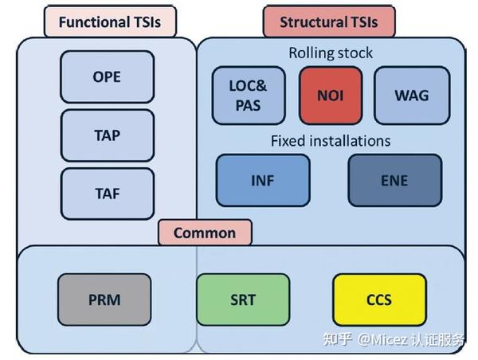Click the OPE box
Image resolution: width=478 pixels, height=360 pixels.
coord(108,76)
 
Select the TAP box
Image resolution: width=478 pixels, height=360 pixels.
coord(108,135)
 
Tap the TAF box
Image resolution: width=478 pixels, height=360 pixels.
coord(108,194)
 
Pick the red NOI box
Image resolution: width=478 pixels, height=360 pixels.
coord(331,96)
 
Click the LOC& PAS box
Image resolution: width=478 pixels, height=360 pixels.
coord(249,96)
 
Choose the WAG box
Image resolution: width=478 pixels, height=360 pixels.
coord(412,96)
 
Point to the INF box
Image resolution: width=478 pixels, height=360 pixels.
coord(263,181)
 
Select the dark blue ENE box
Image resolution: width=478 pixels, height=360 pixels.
coord(395,181)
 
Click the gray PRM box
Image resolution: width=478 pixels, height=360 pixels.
coord(104,299)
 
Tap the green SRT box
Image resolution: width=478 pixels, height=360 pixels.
coord(243,299)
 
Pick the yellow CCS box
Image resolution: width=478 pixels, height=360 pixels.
coord(379,299)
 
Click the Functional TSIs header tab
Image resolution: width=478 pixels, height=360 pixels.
coord(110,22)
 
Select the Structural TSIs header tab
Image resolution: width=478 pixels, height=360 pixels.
coord(329,22)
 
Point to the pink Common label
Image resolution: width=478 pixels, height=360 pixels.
coord(205,233)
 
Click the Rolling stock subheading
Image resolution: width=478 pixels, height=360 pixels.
coord(331,53)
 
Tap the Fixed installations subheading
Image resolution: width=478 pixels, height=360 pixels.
coord(331,141)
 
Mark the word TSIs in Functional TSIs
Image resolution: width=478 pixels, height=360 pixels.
coord(147,22)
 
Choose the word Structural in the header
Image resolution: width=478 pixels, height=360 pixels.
coord(311,22)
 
